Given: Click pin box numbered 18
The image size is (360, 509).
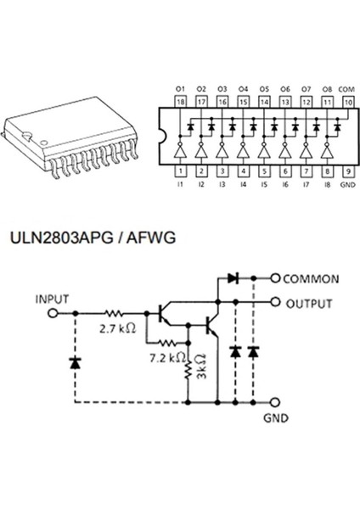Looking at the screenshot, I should [180, 100].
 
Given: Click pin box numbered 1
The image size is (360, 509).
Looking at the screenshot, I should [180, 170].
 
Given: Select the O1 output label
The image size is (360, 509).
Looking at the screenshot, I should [180, 88].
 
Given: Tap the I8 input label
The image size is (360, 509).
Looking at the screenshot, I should [326, 182].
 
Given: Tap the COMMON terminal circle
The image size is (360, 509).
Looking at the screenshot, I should [274, 278].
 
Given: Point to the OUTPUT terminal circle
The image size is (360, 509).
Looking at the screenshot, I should [274, 301].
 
